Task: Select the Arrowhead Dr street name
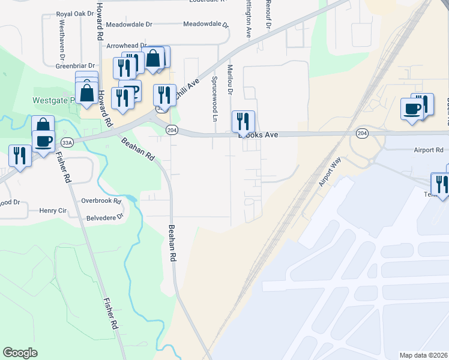click(x=127, y=46)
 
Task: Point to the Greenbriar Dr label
click(x=76, y=66)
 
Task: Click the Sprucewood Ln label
click(x=214, y=98)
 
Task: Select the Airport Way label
click(x=329, y=173)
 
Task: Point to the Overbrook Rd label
click(x=101, y=200)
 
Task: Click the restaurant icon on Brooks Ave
click(x=243, y=121)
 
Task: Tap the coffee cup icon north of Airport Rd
click(x=412, y=109)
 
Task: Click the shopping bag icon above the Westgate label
click(x=87, y=93)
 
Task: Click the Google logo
click(x=20, y=353)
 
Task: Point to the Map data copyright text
click(x=423, y=355)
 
